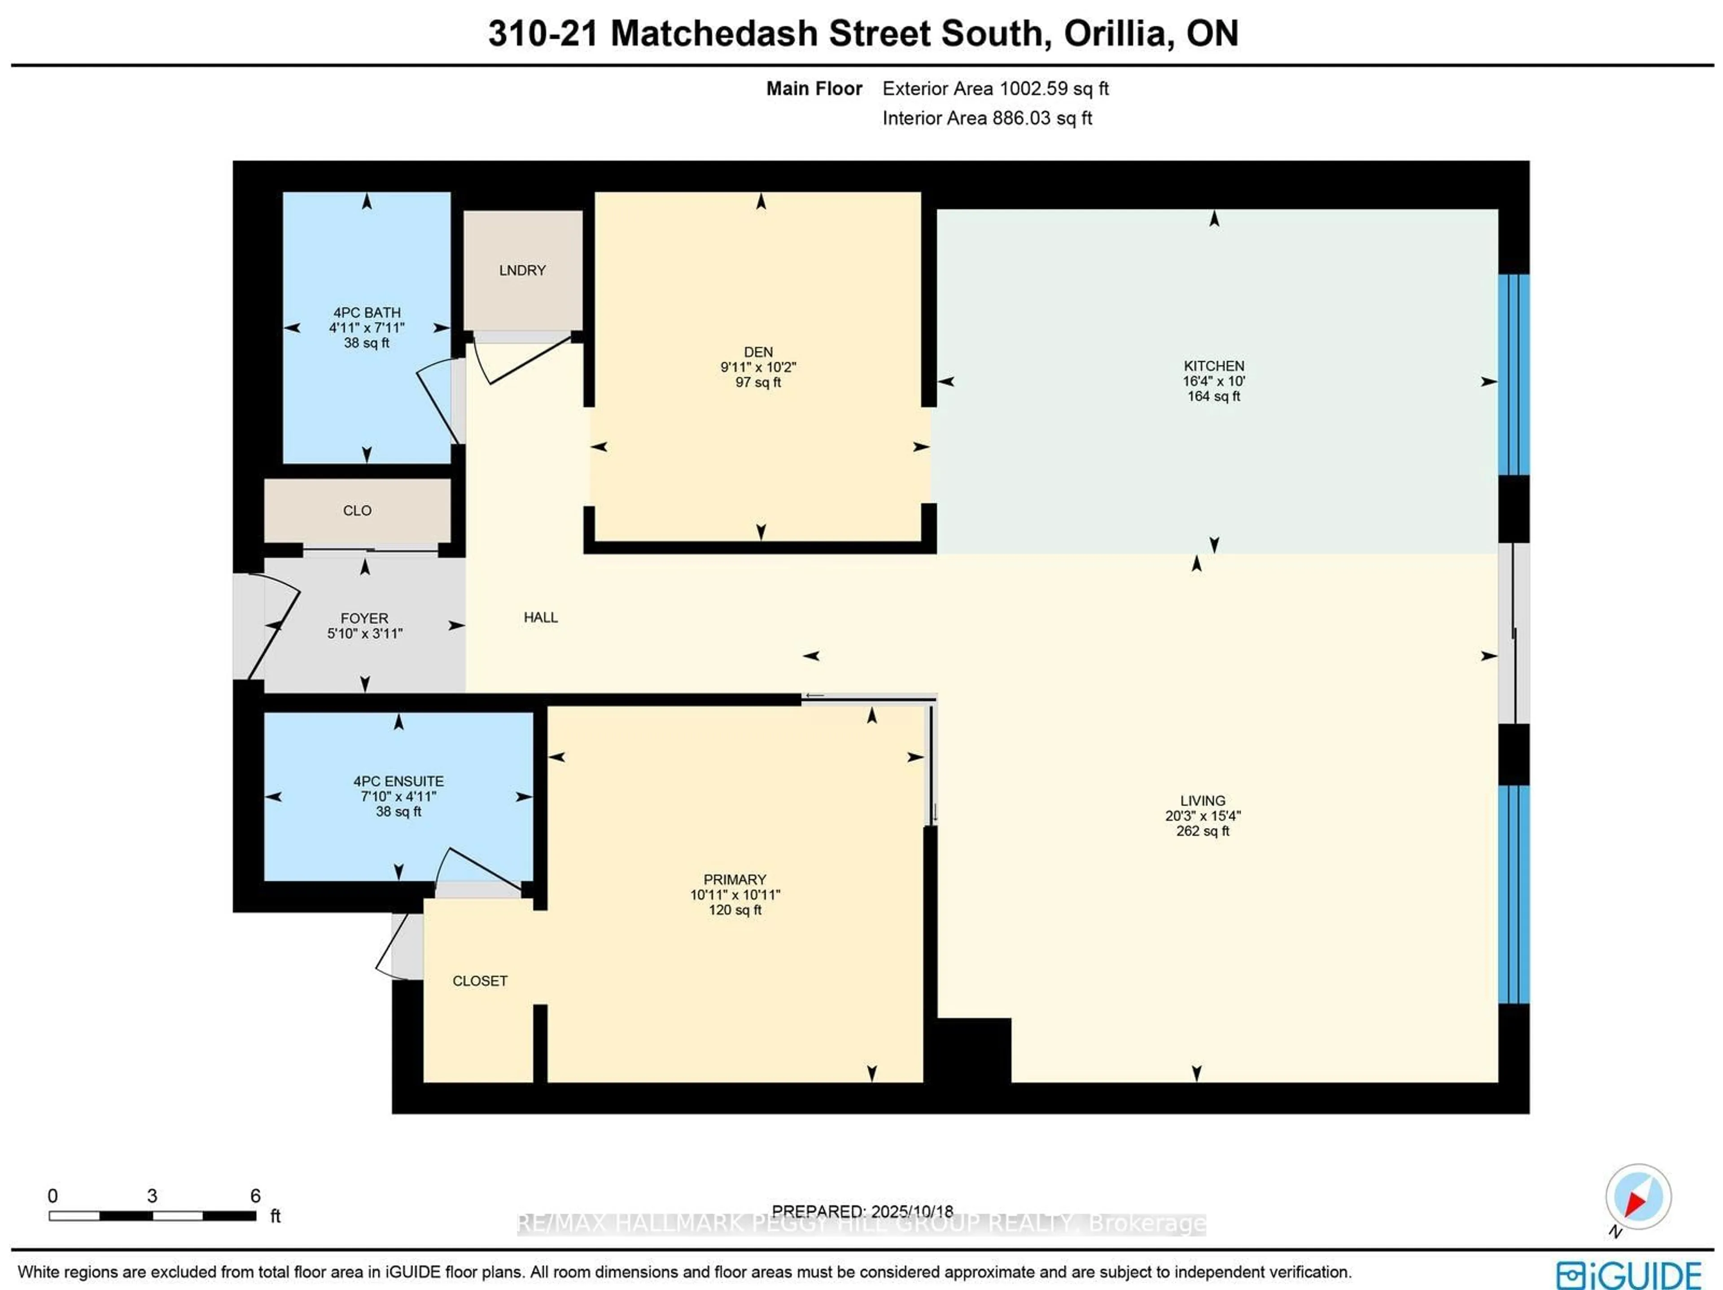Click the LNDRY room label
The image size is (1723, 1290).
[x=522, y=270]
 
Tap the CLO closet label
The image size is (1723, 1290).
[x=357, y=510]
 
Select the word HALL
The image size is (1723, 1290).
[x=541, y=617]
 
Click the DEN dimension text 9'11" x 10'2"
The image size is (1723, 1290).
[x=758, y=367]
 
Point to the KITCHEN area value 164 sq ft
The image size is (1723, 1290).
[x=1214, y=396]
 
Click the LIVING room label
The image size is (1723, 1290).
[x=1203, y=800]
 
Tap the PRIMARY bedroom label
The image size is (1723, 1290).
[x=735, y=879]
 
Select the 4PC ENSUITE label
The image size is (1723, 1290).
[x=398, y=781]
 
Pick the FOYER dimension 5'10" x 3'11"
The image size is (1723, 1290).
[x=364, y=633]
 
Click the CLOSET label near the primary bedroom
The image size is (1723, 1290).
[x=480, y=981]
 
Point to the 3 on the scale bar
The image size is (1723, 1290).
[x=152, y=1195]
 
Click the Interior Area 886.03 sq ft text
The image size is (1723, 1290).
[x=987, y=118]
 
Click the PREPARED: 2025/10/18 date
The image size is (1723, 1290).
[x=862, y=1211]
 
